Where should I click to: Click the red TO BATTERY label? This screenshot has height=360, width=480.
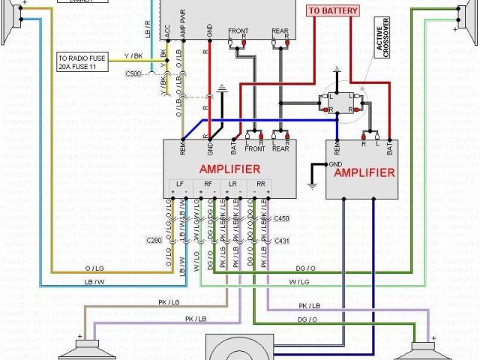pyautogui.click(x=333, y=10)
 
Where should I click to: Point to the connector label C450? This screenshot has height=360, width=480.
pyautogui.click(x=281, y=218)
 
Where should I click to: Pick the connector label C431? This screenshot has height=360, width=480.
pyautogui.click(x=281, y=241)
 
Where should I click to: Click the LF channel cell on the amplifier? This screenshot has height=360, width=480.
pyautogui.click(x=179, y=184)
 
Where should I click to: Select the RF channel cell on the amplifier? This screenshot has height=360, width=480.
pyautogui.click(x=208, y=184)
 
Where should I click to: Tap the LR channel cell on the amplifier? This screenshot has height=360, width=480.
pyautogui.click(x=234, y=184)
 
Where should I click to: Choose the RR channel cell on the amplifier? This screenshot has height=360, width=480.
pyautogui.click(x=261, y=184)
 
